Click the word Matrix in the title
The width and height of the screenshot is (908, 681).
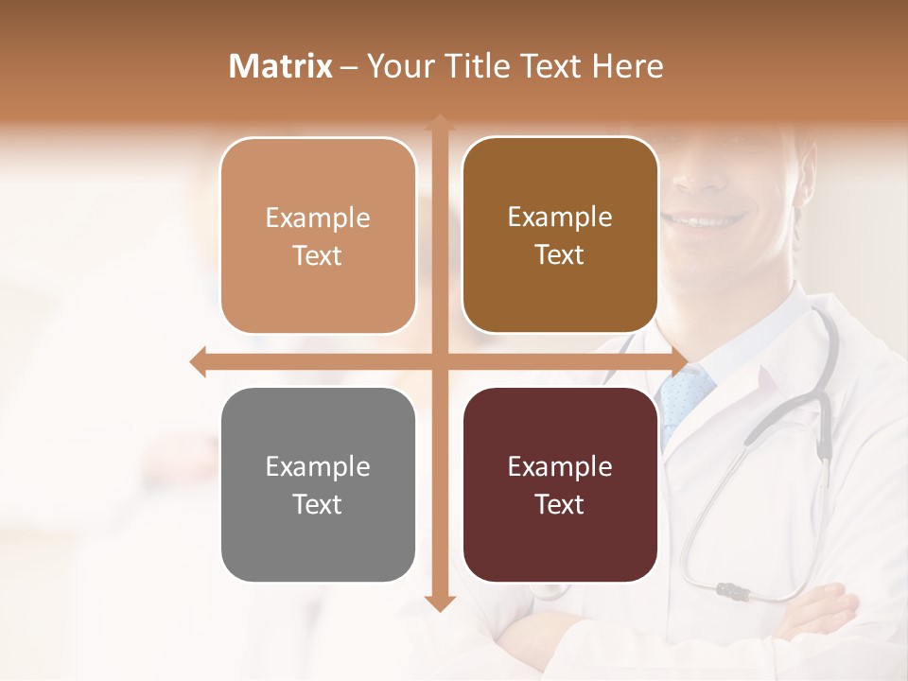point(281,66)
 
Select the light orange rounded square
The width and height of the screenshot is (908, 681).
point(318,236)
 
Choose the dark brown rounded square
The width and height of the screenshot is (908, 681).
point(560,236)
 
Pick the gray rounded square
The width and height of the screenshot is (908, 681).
point(318,484)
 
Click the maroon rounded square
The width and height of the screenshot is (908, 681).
point(560,484)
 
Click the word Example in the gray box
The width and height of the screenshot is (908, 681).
point(318,466)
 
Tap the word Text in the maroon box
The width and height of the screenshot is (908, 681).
point(560,504)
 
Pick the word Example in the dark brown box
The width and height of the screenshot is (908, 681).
point(560,217)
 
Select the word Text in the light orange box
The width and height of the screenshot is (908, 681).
point(318,255)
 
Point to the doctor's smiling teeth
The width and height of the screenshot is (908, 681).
point(706,219)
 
